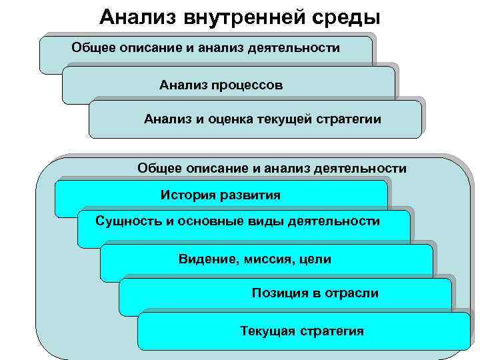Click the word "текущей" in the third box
(285, 120)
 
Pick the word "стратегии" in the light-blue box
(350, 120)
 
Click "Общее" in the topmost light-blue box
(93, 48)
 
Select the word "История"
(186, 195)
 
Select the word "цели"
(315, 259)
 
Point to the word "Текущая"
(267, 331)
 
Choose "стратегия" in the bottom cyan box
(332, 331)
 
